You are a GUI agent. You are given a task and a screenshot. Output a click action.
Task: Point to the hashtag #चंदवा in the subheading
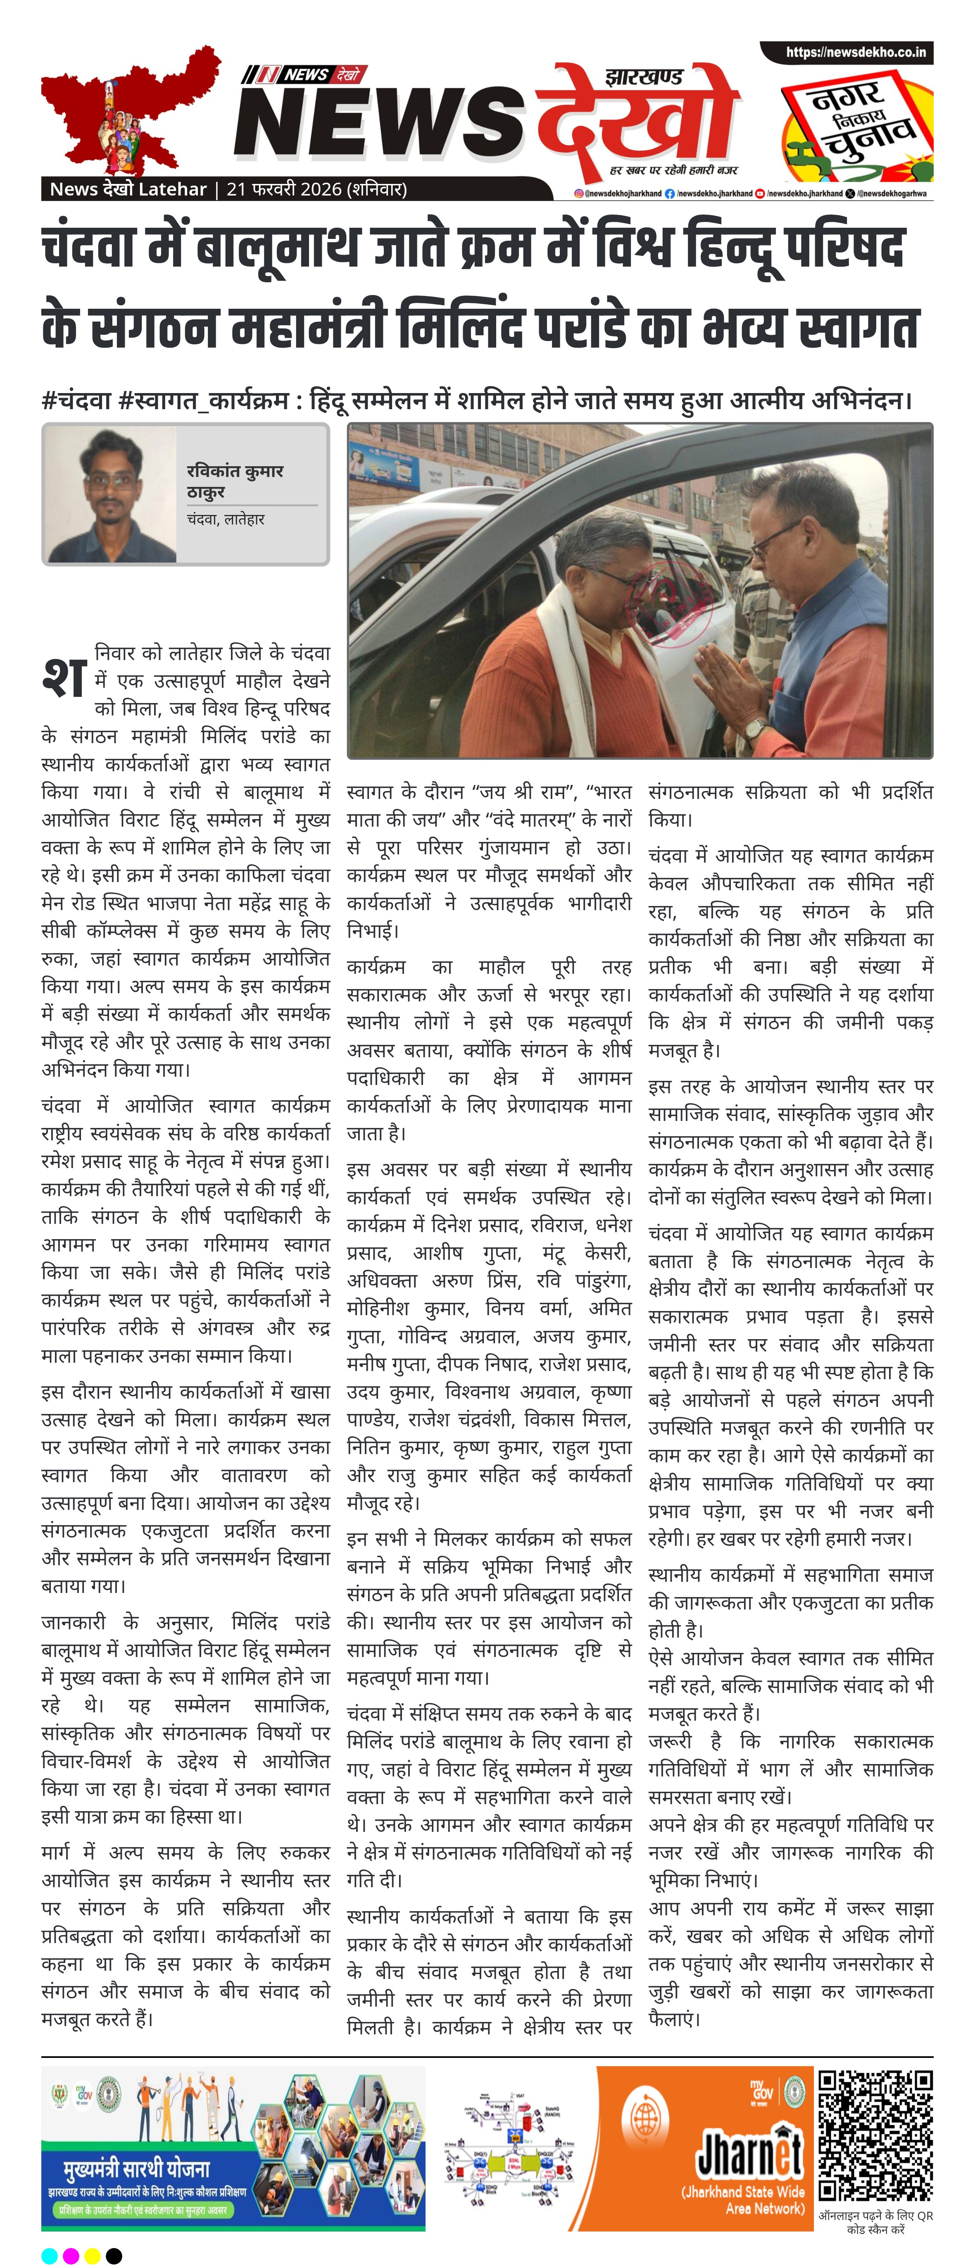click(x=76, y=401)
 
